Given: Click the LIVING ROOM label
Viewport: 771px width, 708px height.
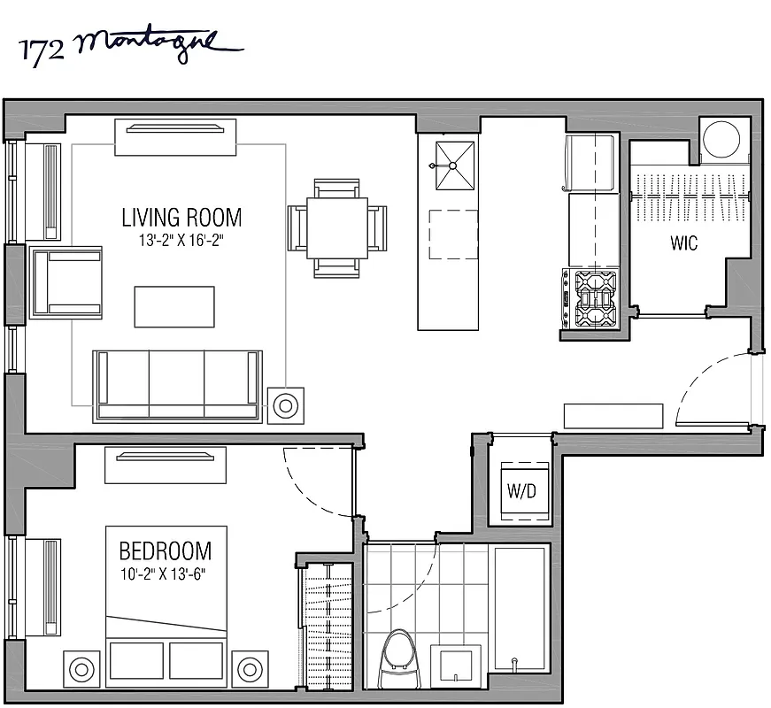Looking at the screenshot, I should click(181, 217).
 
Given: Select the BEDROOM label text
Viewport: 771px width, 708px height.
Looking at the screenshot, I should click(166, 551).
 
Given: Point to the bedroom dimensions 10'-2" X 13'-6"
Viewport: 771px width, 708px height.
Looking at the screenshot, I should click(166, 571).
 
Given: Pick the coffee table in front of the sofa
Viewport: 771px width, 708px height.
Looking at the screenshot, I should click(174, 306).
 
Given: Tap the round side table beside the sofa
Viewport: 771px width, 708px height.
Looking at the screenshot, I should click(285, 406).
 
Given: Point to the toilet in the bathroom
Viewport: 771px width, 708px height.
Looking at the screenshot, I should click(400, 658).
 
